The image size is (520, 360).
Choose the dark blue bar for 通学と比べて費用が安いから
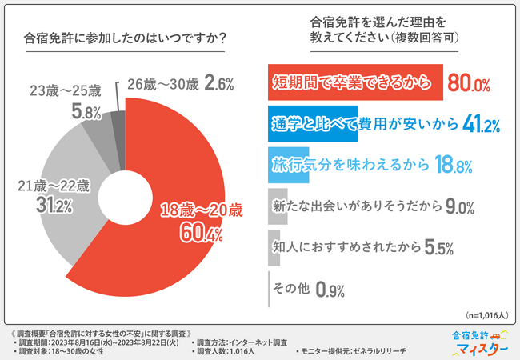pos(312,124)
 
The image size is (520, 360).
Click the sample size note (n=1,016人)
pos(485,316)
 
